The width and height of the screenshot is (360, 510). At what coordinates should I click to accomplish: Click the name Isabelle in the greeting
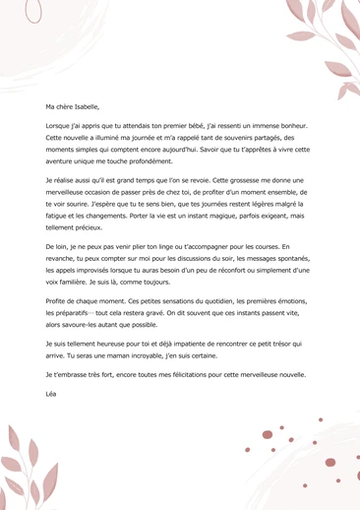pos(85,106)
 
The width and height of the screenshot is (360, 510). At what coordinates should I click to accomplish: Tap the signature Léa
pos(52,394)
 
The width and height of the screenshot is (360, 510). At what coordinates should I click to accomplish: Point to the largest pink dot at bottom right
pos(268,434)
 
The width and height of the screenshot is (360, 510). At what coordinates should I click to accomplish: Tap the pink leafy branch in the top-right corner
pos(325,39)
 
